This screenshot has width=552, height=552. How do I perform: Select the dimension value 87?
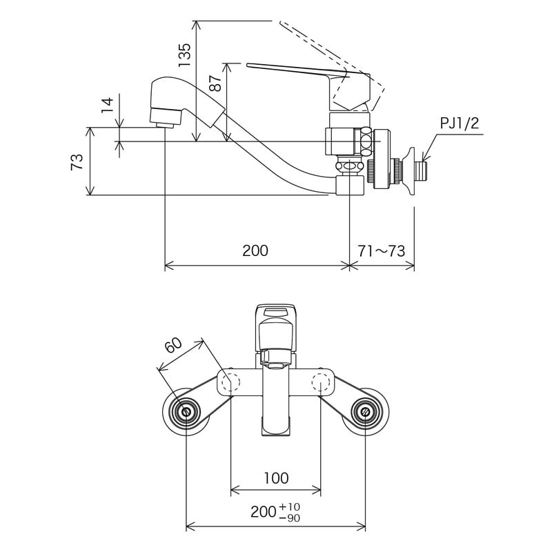click(216, 83)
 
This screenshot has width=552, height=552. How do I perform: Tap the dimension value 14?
click(106, 104)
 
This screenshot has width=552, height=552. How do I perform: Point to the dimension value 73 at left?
click(77, 162)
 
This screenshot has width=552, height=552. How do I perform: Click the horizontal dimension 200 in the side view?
click(255, 250)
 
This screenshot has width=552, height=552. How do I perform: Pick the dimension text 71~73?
click(382, 250)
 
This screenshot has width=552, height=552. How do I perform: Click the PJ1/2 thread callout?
click(459, 124)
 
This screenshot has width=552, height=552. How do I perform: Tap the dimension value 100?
click(275, 477)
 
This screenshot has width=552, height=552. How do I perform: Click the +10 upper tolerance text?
click(289, 506)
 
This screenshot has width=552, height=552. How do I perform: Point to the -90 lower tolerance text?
click(289, 517)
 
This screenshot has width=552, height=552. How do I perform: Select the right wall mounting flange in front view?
click(365, 412)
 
